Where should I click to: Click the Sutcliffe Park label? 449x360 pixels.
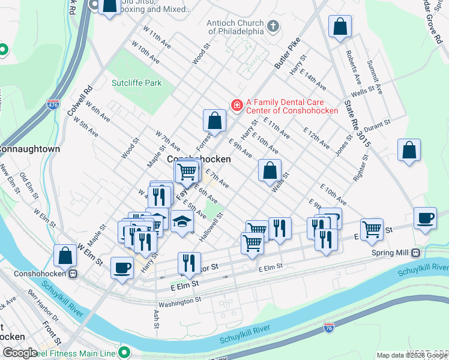(x=136, y=83)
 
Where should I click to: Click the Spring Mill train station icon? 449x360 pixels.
(x=415, y=253)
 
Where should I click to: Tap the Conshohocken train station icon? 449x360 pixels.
(x=73, y=274)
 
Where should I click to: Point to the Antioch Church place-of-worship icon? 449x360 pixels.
(x=273, y=26)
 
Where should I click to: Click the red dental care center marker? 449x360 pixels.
(x=237, y=106)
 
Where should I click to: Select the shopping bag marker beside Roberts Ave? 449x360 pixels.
(x=340, y=27)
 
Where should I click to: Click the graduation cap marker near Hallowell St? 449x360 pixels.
(x=182, y=221)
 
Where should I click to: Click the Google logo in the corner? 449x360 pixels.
(x=20, y=353)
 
